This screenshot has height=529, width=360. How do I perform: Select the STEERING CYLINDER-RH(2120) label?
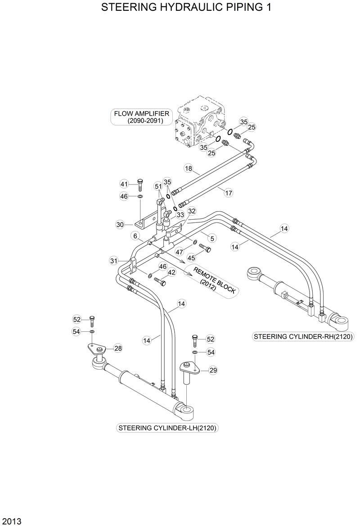tap(303, 337)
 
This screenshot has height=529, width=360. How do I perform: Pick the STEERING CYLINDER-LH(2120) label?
tap(168, 428)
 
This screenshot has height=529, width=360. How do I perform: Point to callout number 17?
tap(229, 193)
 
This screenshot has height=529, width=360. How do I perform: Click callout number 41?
tap(124, 184)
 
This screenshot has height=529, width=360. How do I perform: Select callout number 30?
tap(120, 224)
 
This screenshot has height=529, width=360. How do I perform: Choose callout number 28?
tap(118, 348)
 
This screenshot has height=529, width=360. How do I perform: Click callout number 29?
tap(213, 370)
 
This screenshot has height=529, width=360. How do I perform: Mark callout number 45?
tap(191, 258)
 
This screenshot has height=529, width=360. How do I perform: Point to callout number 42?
tap(171, 272)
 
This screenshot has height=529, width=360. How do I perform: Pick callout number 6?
tap(135, 236)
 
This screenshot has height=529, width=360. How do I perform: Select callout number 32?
tap(192, 211)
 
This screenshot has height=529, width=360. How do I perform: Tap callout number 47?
tap(179, 252)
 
